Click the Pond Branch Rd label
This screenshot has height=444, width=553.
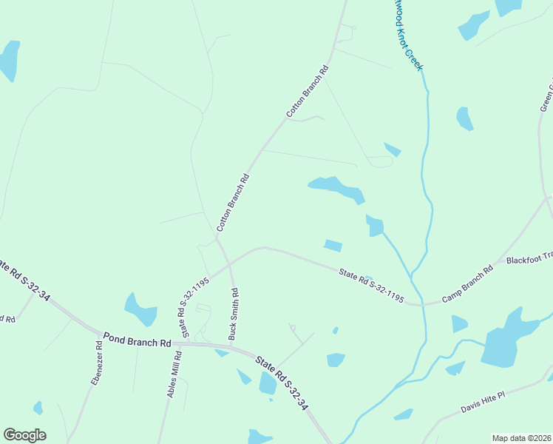pyautogui.click(x=138, y=340)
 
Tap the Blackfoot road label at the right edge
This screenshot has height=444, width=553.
pyautogui.click(x=529, y=259)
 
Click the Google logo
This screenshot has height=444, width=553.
pyautogui.click(x=24, y=435)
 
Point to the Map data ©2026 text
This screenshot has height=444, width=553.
pyautogui.click(x=521, y=438)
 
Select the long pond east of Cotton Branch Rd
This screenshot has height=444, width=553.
pyautogui.click(x=336, y=188)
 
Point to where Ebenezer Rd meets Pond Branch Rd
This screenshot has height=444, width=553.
pyautogui.click(x=98, y=334)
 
